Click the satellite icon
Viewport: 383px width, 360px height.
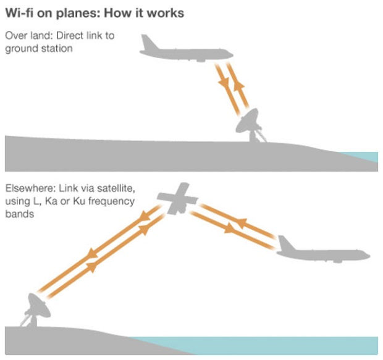click(x=178, y=199)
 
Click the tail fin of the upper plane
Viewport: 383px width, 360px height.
click(x=148, y=42)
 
